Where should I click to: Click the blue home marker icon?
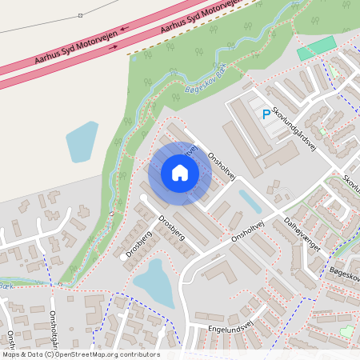[x=179, y=173]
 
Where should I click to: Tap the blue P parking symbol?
[x=266, y=115]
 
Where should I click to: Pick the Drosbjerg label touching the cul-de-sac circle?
[x=138, y=244]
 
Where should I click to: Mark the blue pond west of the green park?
[x=82, y=142]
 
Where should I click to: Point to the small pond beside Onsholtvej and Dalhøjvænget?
[x=250, y=201]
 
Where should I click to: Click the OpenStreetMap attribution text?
[x=81, y=354]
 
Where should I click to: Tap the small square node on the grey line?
[x=81, y=15]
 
